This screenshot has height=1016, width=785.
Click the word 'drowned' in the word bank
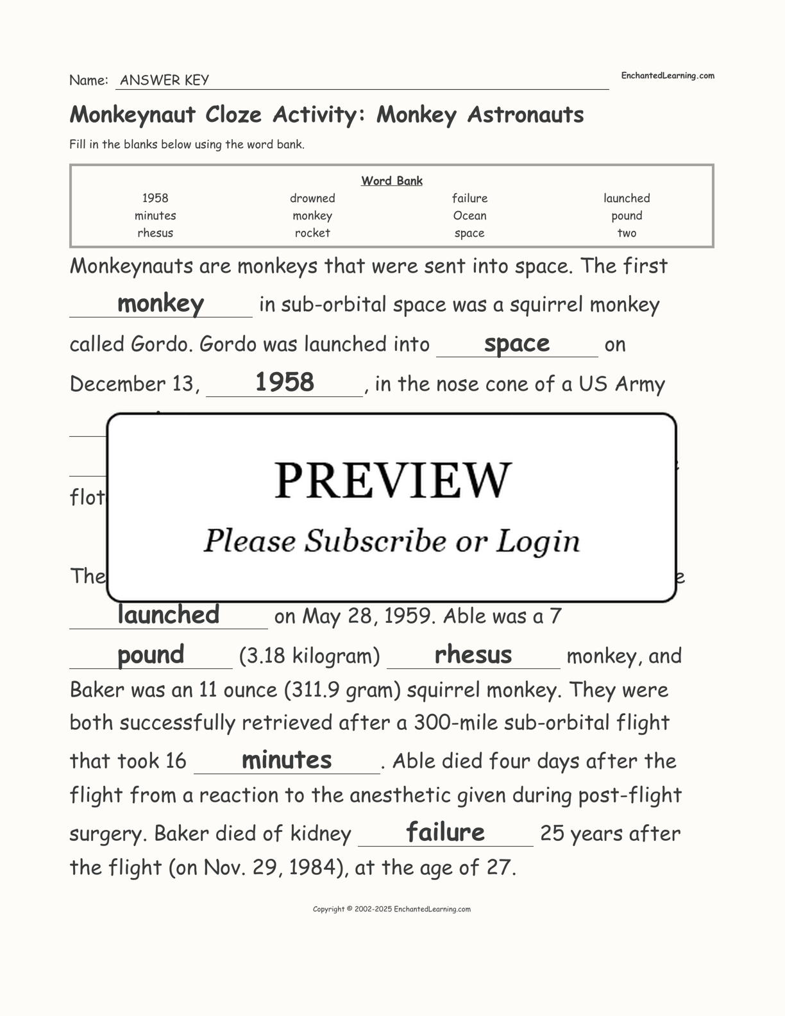click(x=312, y=198)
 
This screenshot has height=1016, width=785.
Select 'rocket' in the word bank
click(x=312, y=233)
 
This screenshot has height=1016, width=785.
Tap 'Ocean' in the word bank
click(x=469, y=216)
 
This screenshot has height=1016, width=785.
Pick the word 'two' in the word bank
click(x=627, y=233)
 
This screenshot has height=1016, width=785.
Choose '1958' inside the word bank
click(x=155, y=198)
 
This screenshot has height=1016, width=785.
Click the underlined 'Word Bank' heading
click(x=392, y=181)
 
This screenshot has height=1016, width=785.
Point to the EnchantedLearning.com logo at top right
click(x=667, y=76)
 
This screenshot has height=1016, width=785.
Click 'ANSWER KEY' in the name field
click(x=164, y=80)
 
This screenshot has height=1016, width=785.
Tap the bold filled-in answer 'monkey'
click(x=160, y=303)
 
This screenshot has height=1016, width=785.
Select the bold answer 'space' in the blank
click(x=517, y=344)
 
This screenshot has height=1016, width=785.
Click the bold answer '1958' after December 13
click(x=285, y=383)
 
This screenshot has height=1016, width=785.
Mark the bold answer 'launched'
click(x=168, y=615)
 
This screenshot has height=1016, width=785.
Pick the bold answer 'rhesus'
click(x=473, y=655)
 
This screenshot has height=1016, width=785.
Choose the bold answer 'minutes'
click(x=287, y=760)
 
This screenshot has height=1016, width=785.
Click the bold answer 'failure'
click(x=445, y=833)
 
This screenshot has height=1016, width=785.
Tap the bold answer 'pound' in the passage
click(x=151, y=655)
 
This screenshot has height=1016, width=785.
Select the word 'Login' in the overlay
click(x=537, y=542)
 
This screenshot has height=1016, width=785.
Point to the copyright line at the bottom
click(x=392, y=909)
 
